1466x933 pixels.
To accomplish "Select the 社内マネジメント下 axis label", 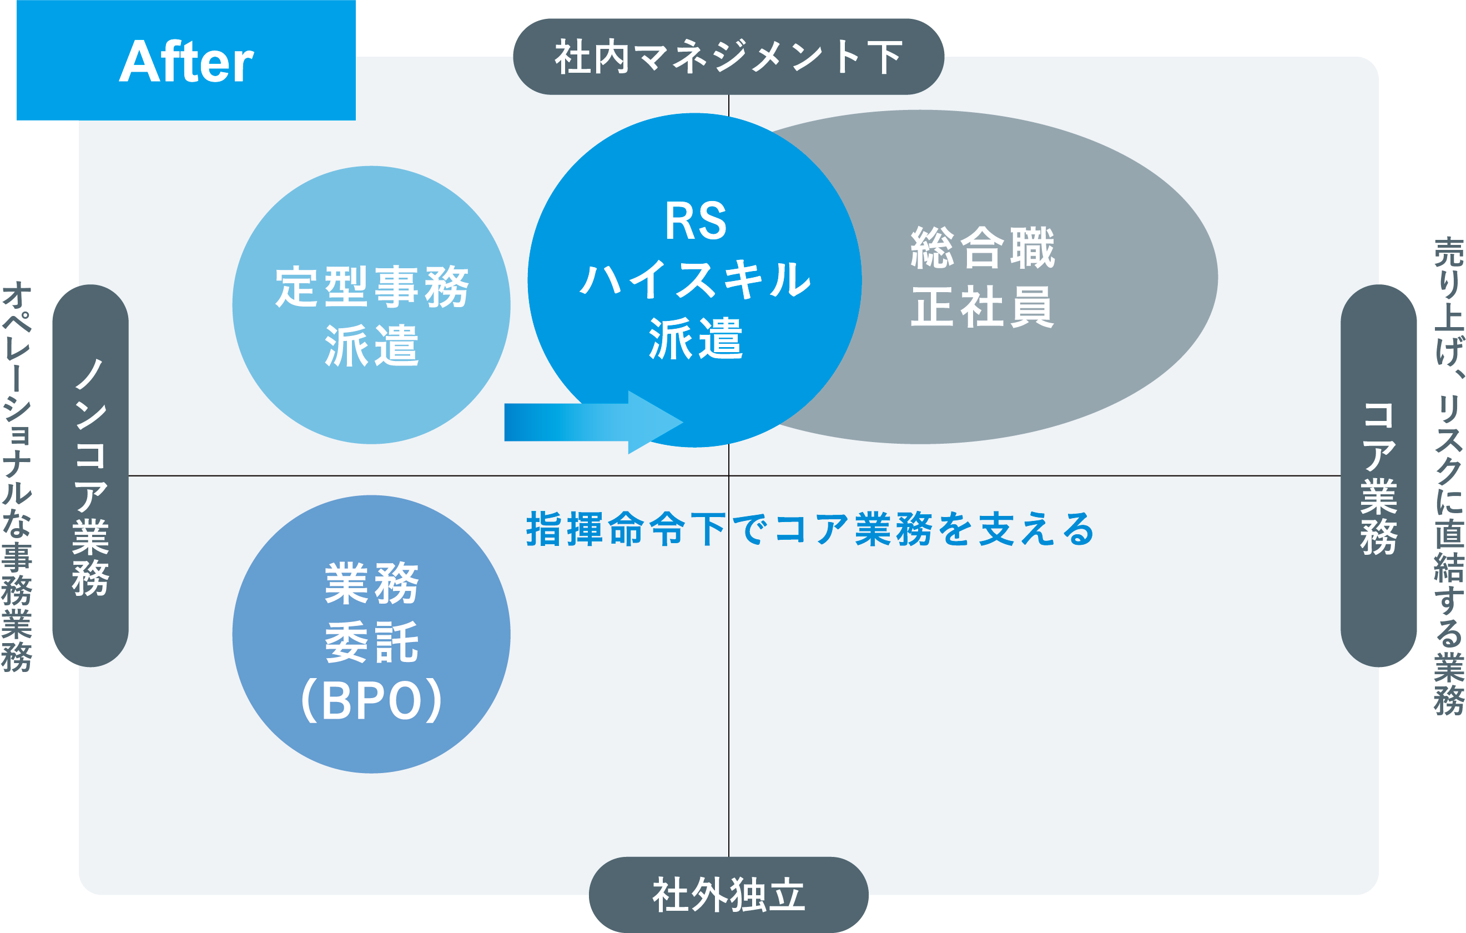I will pyautogui.click(x=728, y=57).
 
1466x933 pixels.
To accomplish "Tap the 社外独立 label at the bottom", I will pyautogui.click(x=728, y=895).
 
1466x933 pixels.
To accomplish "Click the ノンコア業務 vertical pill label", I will pyautogui.click(x=90, y=476).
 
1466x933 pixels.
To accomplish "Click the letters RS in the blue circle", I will pyautogui.click(x=696, y=220).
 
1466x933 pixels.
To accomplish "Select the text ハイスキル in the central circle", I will pyautogui.click(x=696, y=279).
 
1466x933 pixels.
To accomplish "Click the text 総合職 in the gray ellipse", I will pyautogui.click(x=983, y=247).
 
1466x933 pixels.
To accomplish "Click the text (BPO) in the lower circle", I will pyautogui.click(x=371, y=700).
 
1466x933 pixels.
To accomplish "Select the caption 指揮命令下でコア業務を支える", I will pyautogui.click(x=810, y=529).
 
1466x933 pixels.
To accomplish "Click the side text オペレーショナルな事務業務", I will pyautogui.click(x=17, y=476).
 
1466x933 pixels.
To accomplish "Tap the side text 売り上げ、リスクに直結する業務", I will pyautogui.click(x=1448, y=476).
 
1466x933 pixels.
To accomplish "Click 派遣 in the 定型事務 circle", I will pyautogui.click(x=371, y=345).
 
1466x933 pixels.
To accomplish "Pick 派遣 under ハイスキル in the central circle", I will pyautogui.click(x=696, y=338).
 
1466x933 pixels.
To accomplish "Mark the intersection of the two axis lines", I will pyautogui.click(x=729, y=475).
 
